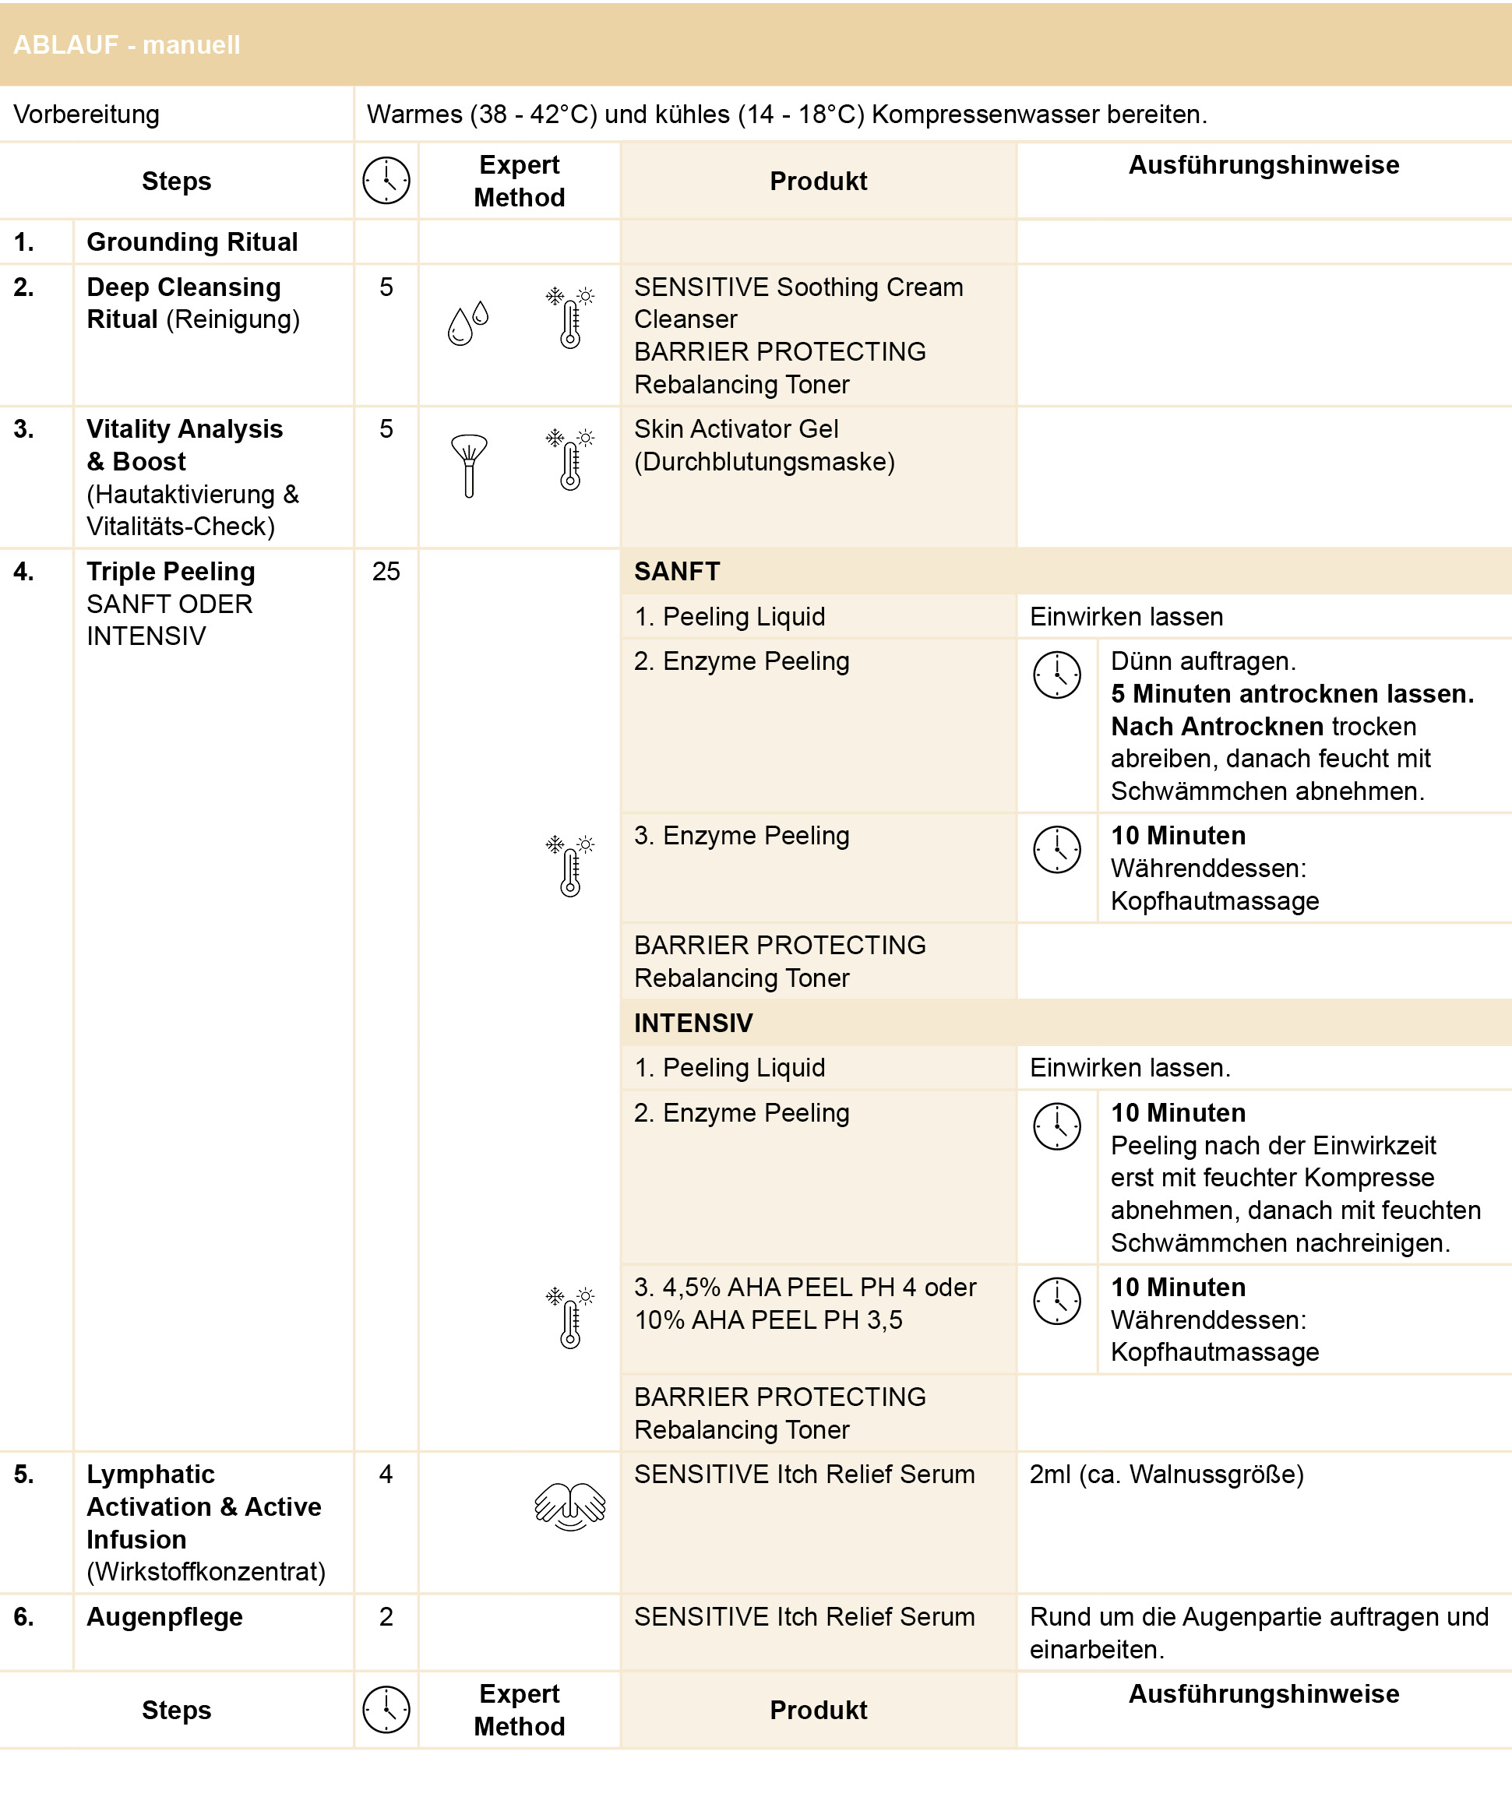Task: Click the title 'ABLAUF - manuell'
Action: click(127, 44)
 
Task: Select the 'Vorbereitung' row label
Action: click(86, 114)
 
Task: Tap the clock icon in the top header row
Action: click(386, 181)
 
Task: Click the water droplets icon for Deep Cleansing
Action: click(468, 323)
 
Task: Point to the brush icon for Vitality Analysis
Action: click(469, 465)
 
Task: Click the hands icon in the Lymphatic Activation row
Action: click(570, 1506)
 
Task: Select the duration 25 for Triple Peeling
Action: click(386, 572)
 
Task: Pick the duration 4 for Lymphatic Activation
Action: click(386, 1474)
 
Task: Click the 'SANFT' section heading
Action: click(677, 572)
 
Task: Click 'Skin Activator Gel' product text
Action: click(736, 428)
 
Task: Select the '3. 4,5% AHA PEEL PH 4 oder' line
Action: click(805, 1287)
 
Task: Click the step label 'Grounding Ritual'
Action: click(192, 241)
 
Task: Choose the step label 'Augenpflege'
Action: click(164, 1616)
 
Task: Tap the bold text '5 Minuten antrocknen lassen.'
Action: click(1292, 693)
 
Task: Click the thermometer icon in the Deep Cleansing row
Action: click(571, 318)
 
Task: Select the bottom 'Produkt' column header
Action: click(818, 1710)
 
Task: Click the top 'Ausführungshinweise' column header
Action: click(1264, 164)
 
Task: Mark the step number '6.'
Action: click(24, 1616)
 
